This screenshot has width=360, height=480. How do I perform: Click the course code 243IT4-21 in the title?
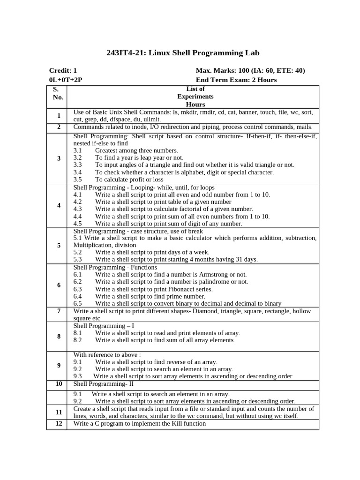[x=125, y=53]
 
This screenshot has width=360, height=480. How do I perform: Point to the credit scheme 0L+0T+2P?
[x=66, y=80]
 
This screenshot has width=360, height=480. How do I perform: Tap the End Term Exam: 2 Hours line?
[x=236, y=80]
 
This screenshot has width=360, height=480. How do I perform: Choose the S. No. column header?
[x=58, y=93]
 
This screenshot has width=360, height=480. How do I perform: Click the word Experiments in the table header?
[x=195, y=97]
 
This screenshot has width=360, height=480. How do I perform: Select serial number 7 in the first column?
[x=59, y=311]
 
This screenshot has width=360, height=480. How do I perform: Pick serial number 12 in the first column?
[x=59, y=424]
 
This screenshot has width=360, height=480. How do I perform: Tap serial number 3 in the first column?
[x=59, y=158]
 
